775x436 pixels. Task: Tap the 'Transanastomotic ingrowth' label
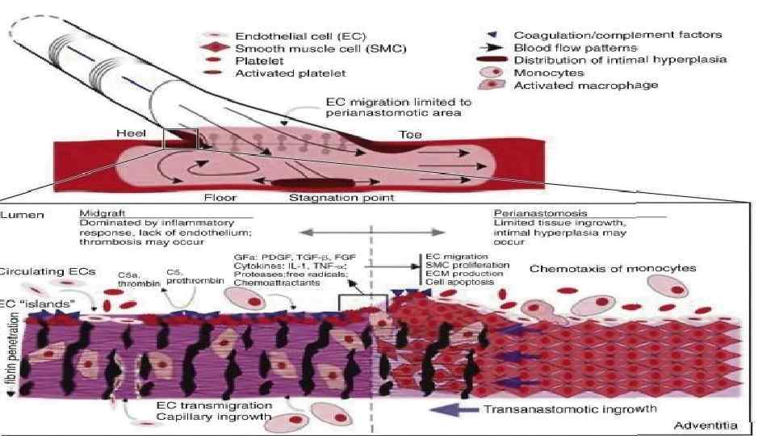pos(569,409)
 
